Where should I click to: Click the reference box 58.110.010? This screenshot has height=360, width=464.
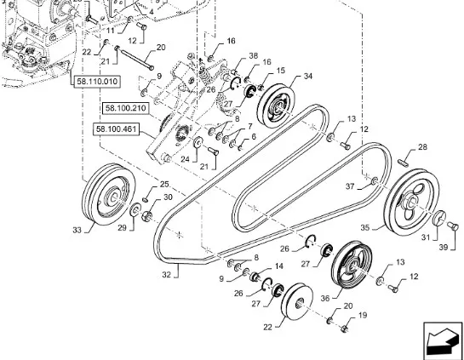pos(97,82)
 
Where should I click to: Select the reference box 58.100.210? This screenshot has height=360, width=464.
pos(126,108)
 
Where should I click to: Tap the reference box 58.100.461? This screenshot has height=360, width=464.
pos(116,129)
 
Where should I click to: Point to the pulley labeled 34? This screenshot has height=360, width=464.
pos(276,106)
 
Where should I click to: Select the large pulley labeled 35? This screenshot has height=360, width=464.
pos(411,202)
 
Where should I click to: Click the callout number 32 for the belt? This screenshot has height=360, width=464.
pos(167,275)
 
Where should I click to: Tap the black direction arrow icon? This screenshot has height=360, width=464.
pos(443,340)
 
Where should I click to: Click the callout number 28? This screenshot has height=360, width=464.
pos(423,146)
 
